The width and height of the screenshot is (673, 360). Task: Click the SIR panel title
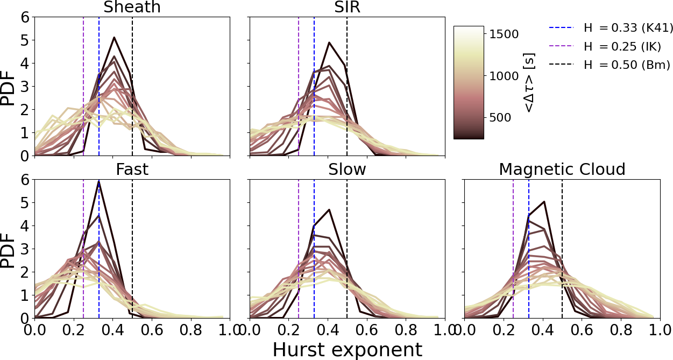tap(347, 8)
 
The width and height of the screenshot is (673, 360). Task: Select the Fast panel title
tap(132, 170)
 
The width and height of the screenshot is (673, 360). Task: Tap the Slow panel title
tap(347, 170)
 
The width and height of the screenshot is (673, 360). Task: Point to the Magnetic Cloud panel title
tap(562, 170)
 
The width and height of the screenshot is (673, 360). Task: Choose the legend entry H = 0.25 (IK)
tap(624, 46)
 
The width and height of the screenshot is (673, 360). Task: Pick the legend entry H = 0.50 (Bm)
tap(627, 66)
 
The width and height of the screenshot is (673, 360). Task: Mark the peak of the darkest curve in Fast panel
tap(100, 181)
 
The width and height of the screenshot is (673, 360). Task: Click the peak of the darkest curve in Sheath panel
tap(114, 37)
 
